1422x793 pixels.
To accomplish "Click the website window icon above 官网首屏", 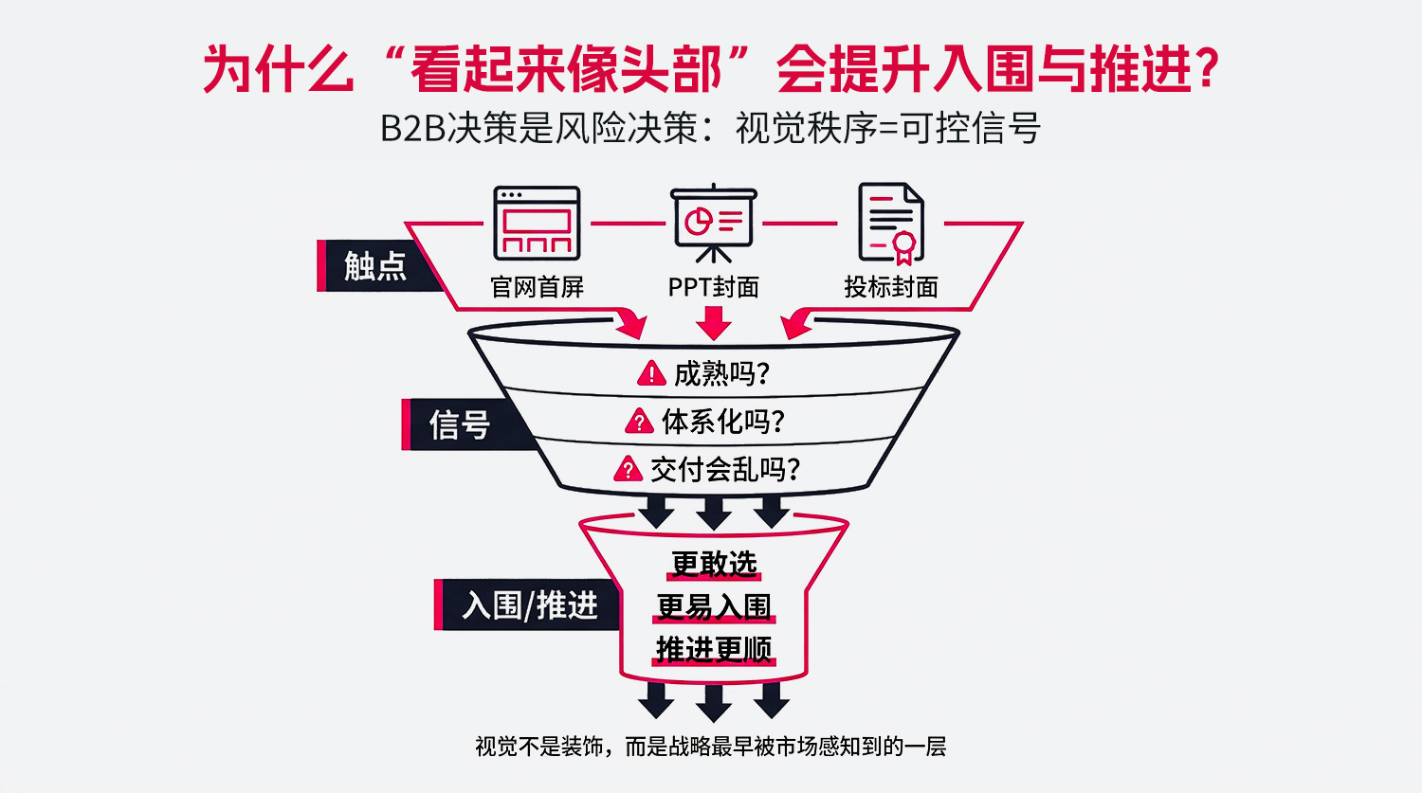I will (x=537, y=224).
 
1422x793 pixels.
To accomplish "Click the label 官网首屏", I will (x=537, y=286).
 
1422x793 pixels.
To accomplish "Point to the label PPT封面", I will (x=713, y=286).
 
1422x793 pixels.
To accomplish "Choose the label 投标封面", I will (x=890, y=286).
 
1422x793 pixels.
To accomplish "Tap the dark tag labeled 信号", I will (x=460, y=424).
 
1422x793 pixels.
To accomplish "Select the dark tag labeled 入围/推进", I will (x=529, y=604).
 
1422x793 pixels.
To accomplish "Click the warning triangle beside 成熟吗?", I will (x=651, y=374).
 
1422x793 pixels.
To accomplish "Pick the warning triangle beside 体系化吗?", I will (x=639, y=422).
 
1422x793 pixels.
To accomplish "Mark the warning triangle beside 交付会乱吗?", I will (x=628, y=469).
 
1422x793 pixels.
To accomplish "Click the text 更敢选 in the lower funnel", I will (x=714, y=564).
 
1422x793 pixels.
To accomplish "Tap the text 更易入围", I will (x=714, y=606).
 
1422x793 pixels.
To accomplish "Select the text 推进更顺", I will (x=714, y=649).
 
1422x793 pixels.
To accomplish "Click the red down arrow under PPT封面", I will (x=713, y=323).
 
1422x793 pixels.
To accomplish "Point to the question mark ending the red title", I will (x=1207, y=69).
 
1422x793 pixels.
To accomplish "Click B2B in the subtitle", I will (x=412, y=128).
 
